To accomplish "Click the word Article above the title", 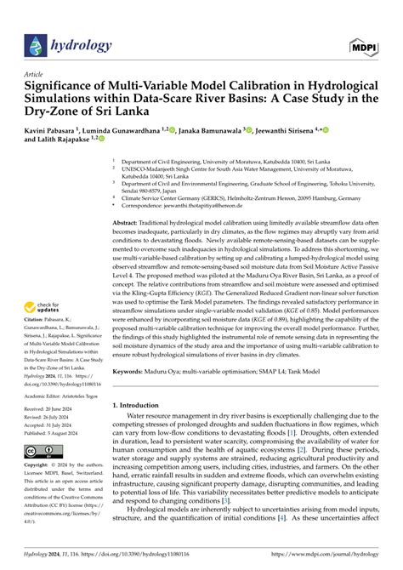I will coord(35,74).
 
